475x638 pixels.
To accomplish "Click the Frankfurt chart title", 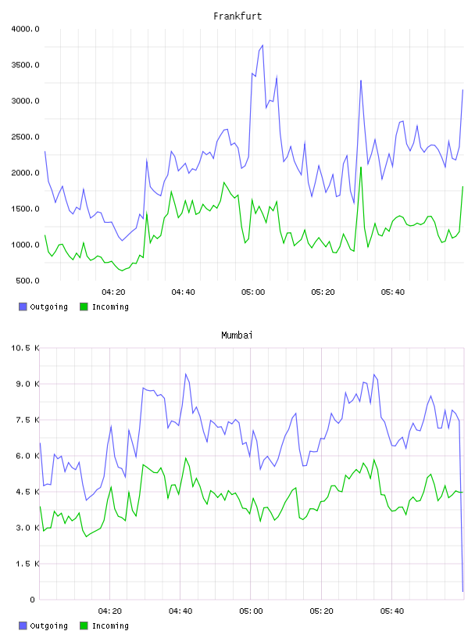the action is pyautogui.click(x=237, y=16).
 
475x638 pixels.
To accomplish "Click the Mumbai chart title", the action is pyautogui.click(x=237, y=335).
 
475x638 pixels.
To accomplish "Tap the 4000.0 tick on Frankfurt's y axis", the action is pyautogui.click(x=25, y=29).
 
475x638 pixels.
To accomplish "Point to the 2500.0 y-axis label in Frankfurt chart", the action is pyautogui.click(x=25, y=137).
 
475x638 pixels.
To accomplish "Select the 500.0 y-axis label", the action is pyautogui.click(x=27, y=281).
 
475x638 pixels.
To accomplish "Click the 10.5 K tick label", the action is pyautogui.click(x=25, y=348).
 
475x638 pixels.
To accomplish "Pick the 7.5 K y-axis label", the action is pyautogui.click(x=27, y=420).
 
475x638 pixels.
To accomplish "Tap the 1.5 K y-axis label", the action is pyautogui.click(x=27, y=564).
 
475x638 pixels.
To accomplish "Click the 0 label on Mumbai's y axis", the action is pyautogui.click(x=32, y=600).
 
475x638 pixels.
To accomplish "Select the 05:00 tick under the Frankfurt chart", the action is pyautogui.click(x=253, y=292).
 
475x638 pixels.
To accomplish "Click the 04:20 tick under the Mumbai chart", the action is pyautogui.click(x=110, y=611).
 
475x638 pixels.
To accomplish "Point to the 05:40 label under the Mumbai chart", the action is pyautogui.click(x=392, y=611).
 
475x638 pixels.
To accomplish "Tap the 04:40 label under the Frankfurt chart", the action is pyautogui.click(x=183, y=292).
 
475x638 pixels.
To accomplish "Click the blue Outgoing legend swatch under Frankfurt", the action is pyautogui.click(x=23, y=306).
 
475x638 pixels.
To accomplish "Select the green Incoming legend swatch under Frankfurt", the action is pyautogui.click(x=84, y=306).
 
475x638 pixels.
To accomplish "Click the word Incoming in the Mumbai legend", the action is pyautogui.click(x=110, y=625).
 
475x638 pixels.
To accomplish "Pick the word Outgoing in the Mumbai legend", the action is pyautogui.click(x=48, y=625).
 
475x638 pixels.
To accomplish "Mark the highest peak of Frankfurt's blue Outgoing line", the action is pyautogui.click(x=262, y=45).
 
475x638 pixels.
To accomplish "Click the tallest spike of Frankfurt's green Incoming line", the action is pyautogui.click(x=361, y=167).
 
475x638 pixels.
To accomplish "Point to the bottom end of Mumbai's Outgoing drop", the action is pyautogui.click(x=462, y=591).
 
